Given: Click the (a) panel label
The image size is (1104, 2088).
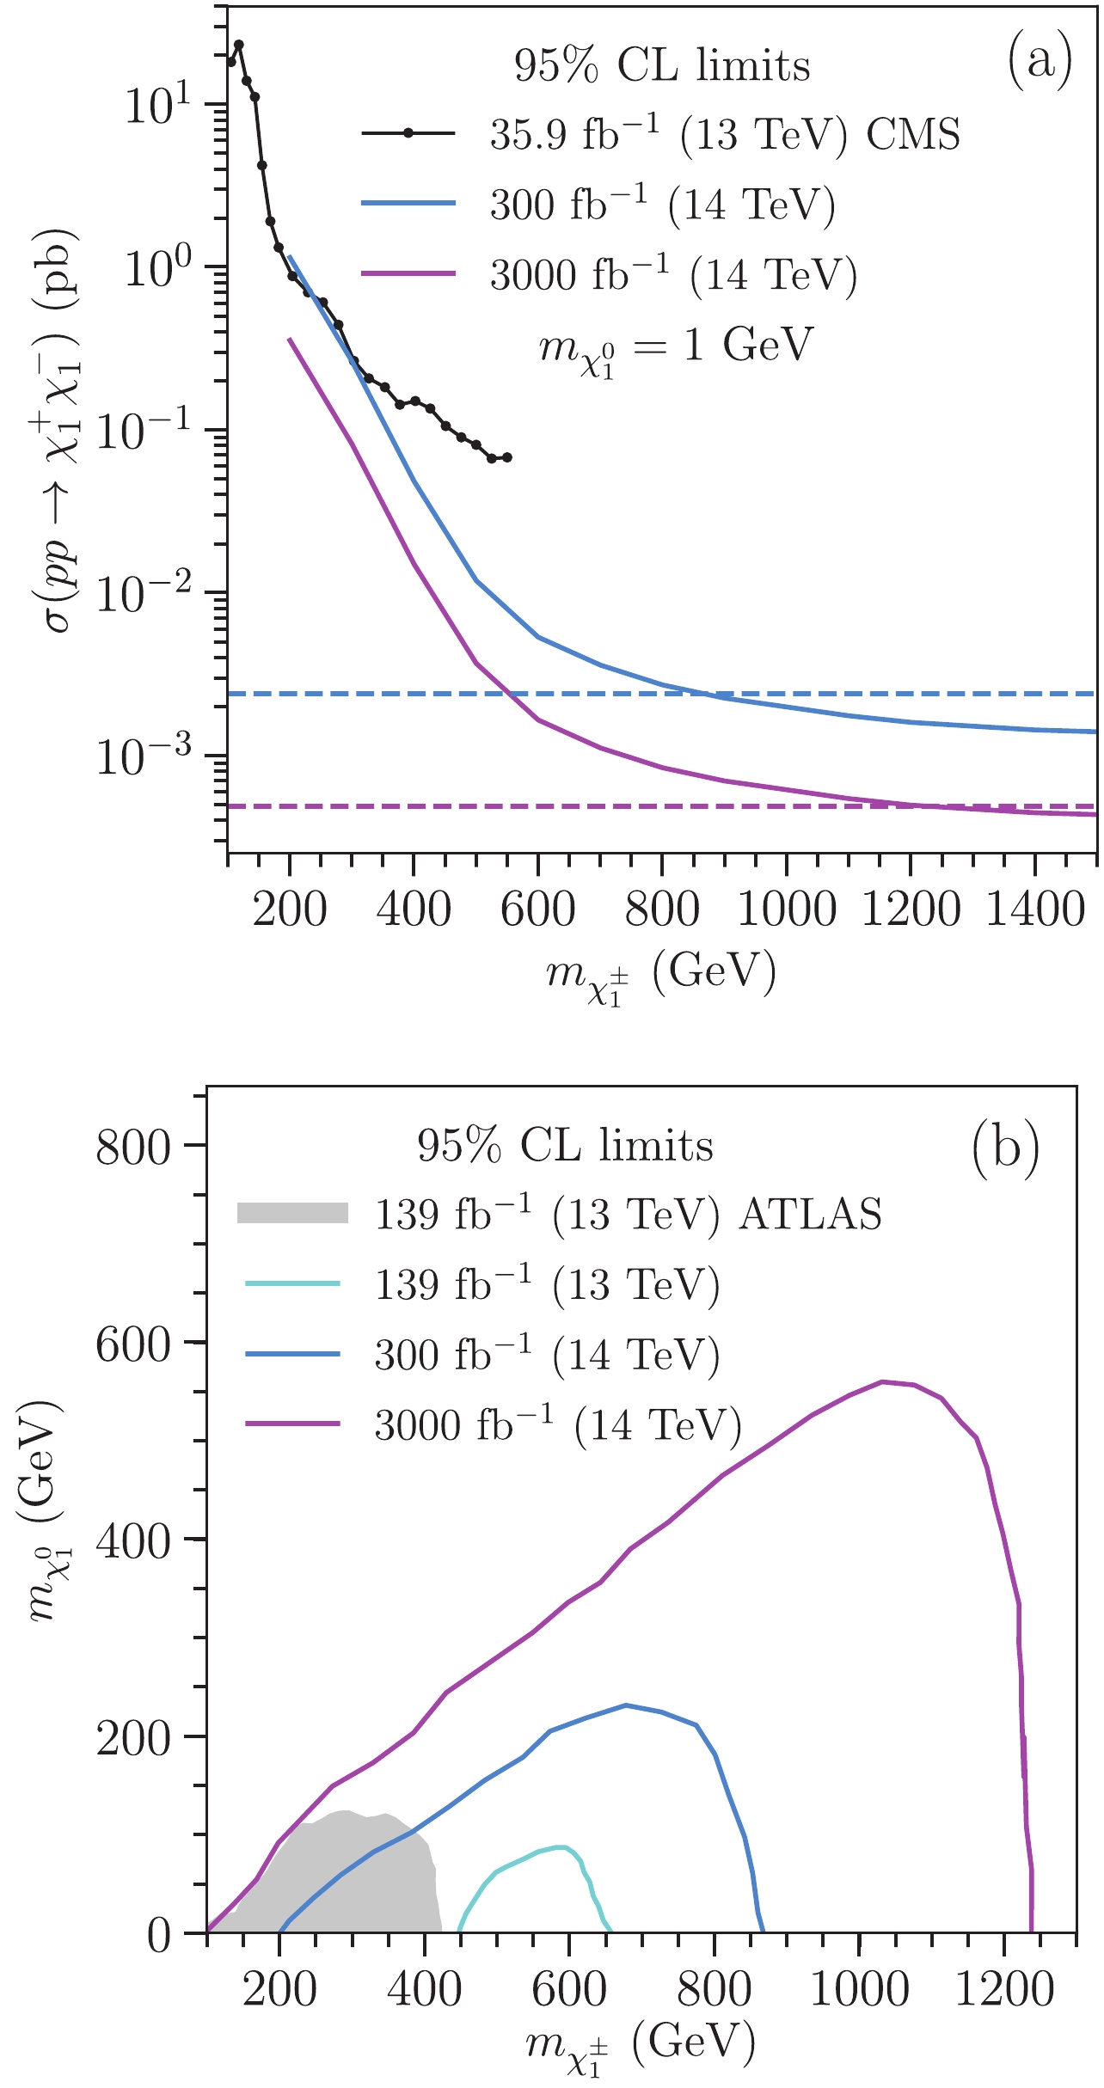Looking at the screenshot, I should point(1040,63).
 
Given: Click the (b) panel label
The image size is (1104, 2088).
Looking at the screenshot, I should point(1005,1147).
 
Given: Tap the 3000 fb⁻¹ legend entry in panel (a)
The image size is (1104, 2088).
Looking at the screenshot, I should point(673,274).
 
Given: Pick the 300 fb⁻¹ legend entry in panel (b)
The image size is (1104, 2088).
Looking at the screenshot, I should point(547,1356).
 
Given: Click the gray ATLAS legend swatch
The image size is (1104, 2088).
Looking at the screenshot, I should point(293,1213).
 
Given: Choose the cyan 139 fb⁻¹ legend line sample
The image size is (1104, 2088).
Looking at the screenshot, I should point(293,1284).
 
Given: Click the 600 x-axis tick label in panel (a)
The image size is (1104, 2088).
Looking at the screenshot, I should point(537,909).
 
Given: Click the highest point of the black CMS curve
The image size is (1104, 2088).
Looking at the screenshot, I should point(239,45).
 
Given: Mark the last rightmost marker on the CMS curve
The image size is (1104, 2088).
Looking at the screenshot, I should point(506,457).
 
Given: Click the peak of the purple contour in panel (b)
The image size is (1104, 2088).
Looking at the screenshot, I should point(882,1381).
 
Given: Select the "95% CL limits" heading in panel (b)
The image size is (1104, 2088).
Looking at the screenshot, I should point(565,1146).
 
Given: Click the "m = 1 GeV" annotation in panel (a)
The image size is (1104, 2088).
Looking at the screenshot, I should point(675,347).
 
